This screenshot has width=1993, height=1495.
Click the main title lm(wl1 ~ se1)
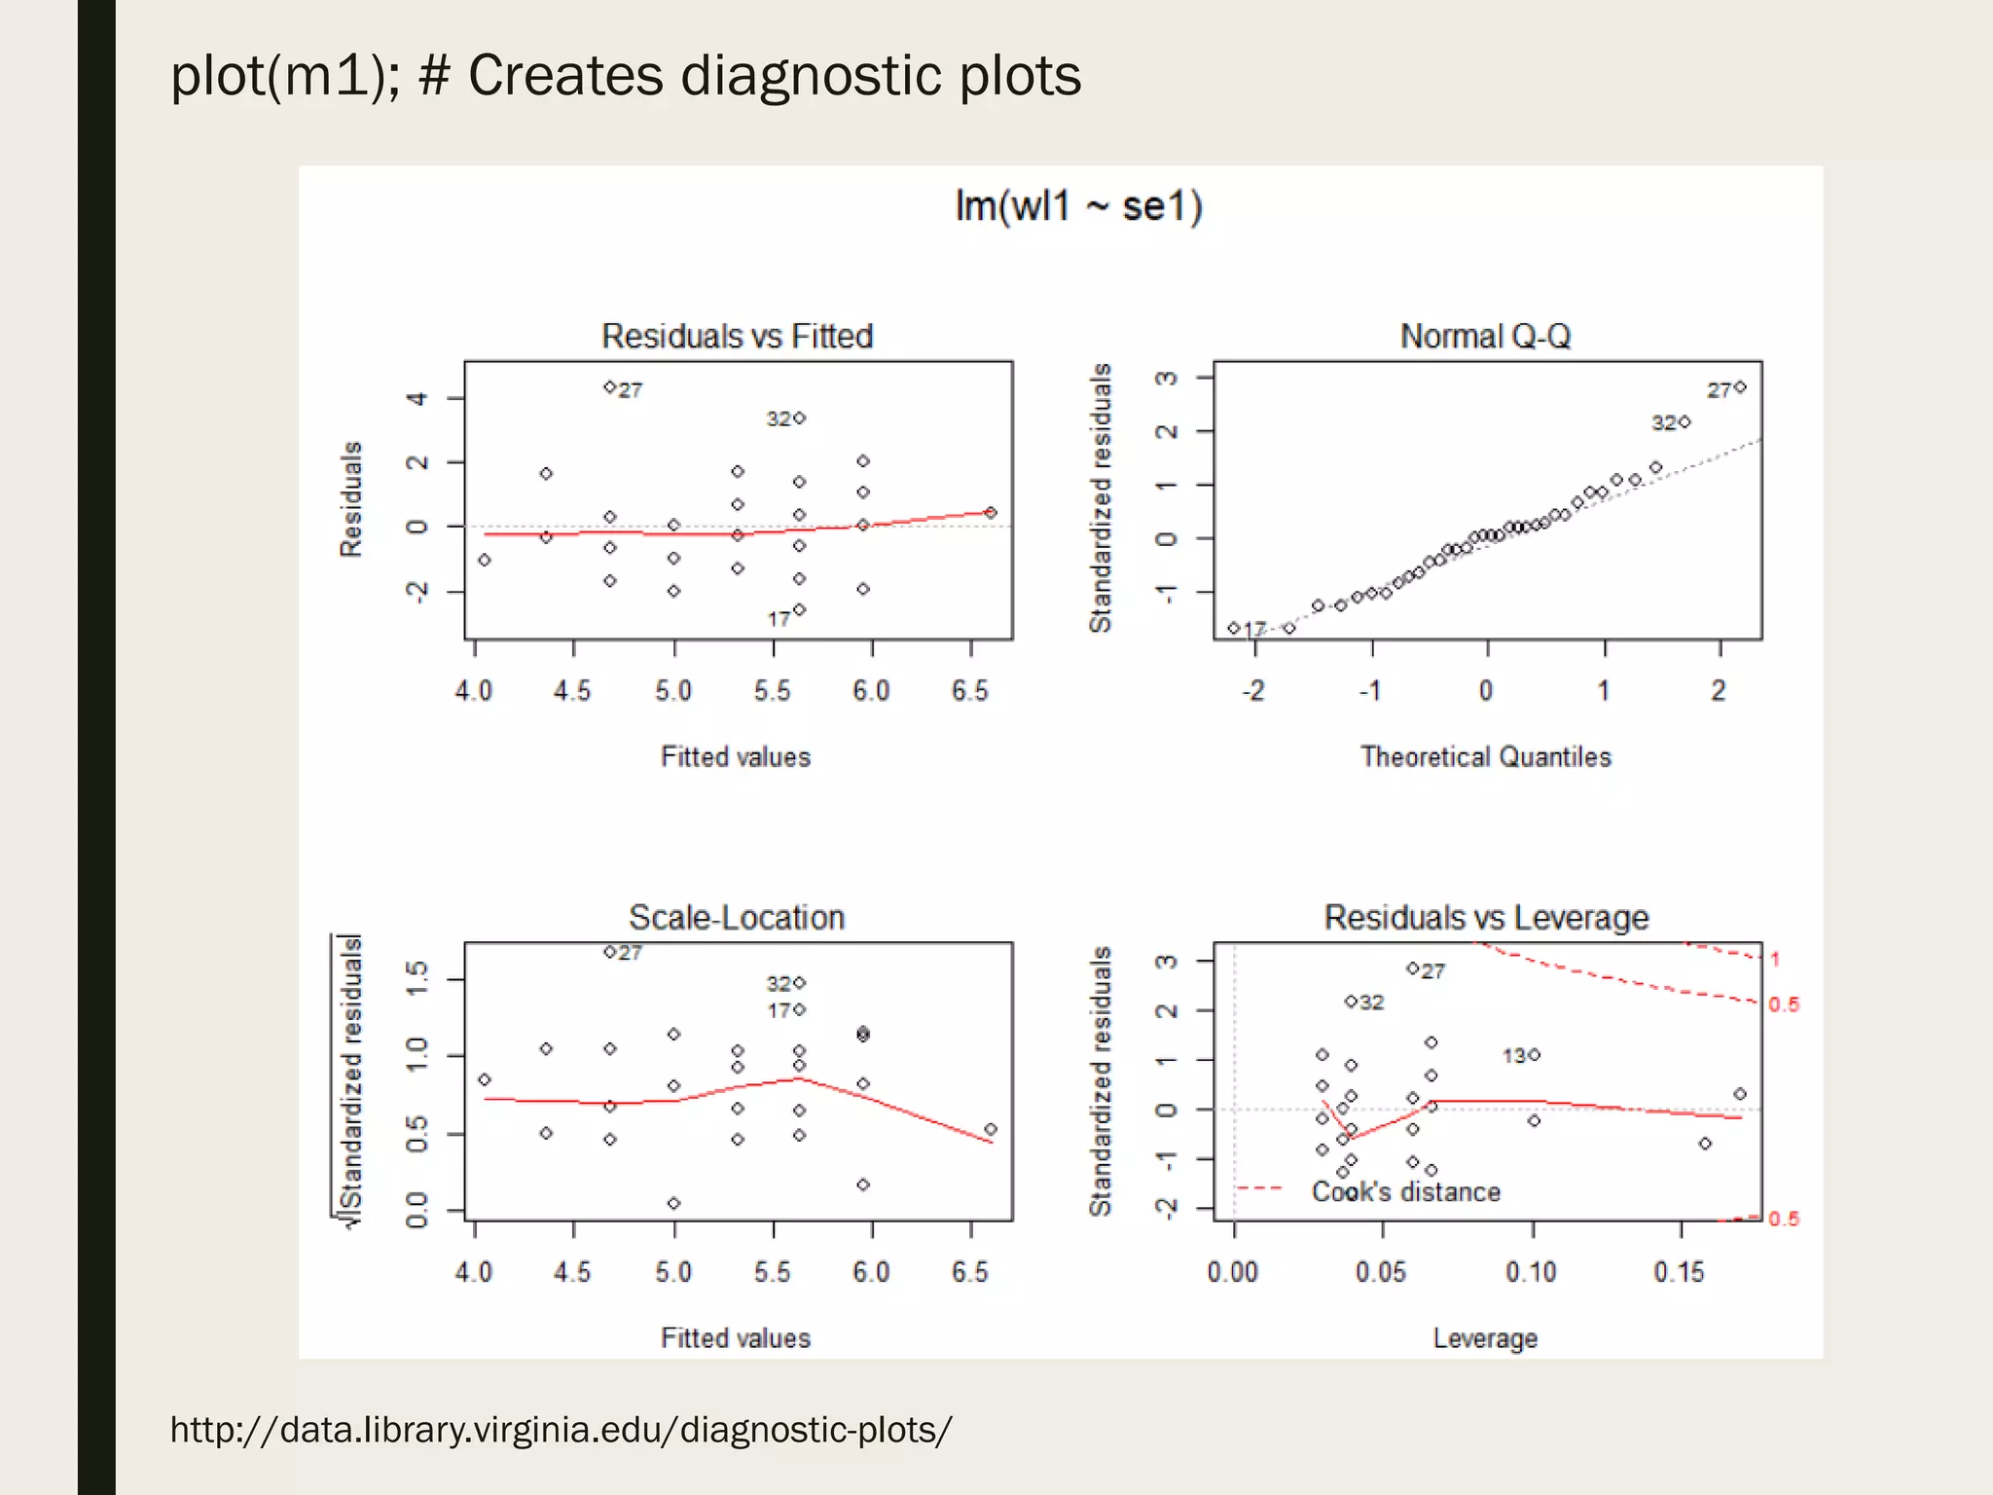[1078, 206]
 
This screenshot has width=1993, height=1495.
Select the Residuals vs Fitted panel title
[737, 336]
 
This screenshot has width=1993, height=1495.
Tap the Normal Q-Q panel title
[1485, 336]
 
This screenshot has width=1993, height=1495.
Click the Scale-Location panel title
[737, 917]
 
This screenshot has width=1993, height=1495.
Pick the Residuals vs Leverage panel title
[1486, 917]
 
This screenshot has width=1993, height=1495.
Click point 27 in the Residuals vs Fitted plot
[610, 387]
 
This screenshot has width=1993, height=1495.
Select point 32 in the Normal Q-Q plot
[1685, 421]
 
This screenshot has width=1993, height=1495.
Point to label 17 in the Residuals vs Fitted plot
[778, 619]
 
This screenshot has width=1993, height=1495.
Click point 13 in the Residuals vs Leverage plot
[1535, 1054]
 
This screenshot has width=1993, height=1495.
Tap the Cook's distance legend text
[1405, 1191]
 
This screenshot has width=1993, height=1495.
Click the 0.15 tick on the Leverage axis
[1679, 1271]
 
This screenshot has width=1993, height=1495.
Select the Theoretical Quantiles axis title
[1485, 756]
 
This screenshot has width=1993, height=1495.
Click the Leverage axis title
[1485, 1337]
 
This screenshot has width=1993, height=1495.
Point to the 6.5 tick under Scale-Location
[969, 1271]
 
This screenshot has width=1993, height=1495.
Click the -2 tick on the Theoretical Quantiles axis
[1253, 690]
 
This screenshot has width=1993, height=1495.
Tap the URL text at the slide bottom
[561, 1429]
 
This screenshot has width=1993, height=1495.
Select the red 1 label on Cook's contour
[1775, 959]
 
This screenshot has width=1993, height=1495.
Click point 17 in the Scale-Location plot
[799, 1009]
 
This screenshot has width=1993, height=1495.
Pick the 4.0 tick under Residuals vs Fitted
[474, 690]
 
